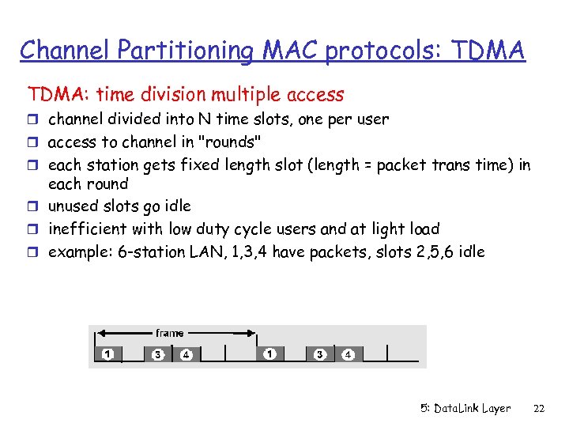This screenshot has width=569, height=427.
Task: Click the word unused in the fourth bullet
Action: pos(73,206)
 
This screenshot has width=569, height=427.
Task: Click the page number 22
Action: pos(540,408)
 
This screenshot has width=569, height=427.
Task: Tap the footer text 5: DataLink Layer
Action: pos(465,408)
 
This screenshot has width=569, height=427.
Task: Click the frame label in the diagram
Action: pos(170,333)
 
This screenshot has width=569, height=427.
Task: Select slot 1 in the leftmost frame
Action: pos(107,354)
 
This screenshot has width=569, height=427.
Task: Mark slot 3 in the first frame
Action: pos(158,354)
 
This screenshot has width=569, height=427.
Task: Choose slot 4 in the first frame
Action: pos(186,354)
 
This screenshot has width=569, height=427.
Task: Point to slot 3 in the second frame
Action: pos(320,354)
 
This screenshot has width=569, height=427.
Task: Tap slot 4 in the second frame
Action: pos(348,354)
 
